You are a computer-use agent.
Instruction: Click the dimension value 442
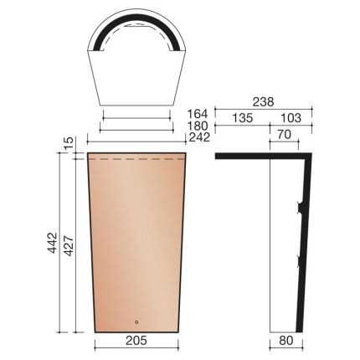pos(54,243)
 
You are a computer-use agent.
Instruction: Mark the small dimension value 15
pos(69,142)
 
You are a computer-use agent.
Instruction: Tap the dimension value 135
pos(241,118)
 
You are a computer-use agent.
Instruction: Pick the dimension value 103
pos(290,118)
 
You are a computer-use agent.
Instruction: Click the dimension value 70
pos(285,133)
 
